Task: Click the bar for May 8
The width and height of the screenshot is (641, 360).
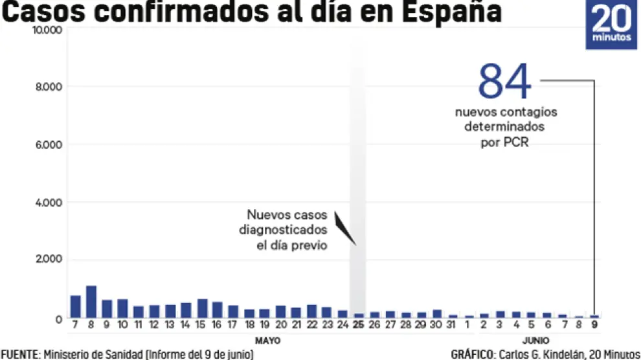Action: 91,302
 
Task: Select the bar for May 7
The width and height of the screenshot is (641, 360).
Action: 76,307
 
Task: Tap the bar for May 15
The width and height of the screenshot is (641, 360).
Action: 201,308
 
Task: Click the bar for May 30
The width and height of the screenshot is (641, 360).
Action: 437,314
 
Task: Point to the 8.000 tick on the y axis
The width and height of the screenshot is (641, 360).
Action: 49,87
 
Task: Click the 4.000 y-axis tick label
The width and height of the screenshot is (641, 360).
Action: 49,203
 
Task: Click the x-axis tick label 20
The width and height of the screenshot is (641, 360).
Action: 280,326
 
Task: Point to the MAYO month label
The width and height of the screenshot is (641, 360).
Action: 267,341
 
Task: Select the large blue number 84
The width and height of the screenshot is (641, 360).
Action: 504,82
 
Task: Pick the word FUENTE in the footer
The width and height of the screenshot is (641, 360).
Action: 19,354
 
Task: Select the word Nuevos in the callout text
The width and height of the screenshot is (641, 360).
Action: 266,216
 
